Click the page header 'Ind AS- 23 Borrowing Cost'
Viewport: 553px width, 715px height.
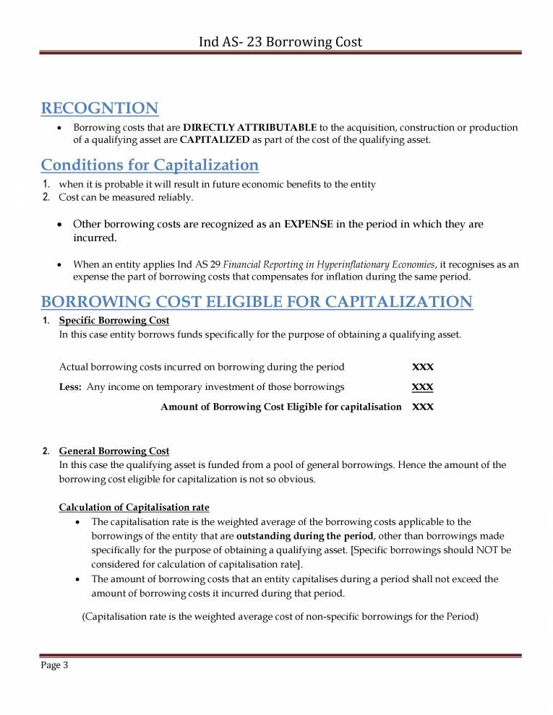tap(280, 42)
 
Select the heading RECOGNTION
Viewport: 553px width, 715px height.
tap(100, 108)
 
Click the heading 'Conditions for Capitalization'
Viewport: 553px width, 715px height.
tap(150, 165)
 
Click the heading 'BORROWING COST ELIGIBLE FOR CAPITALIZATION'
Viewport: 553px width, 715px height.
tap(257, 302)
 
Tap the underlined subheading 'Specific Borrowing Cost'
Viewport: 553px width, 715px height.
tap(114, 320)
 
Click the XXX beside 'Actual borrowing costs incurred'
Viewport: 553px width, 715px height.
tap(422, 367)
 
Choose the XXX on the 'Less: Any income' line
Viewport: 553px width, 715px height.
tap(422, 387)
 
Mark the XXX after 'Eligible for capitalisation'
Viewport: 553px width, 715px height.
tap(422, 407)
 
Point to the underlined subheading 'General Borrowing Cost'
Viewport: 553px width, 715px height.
tap(114, 451)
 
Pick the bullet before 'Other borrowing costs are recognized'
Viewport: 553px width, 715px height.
tap(60, 225)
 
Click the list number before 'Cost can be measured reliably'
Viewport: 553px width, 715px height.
tap(46, 196)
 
